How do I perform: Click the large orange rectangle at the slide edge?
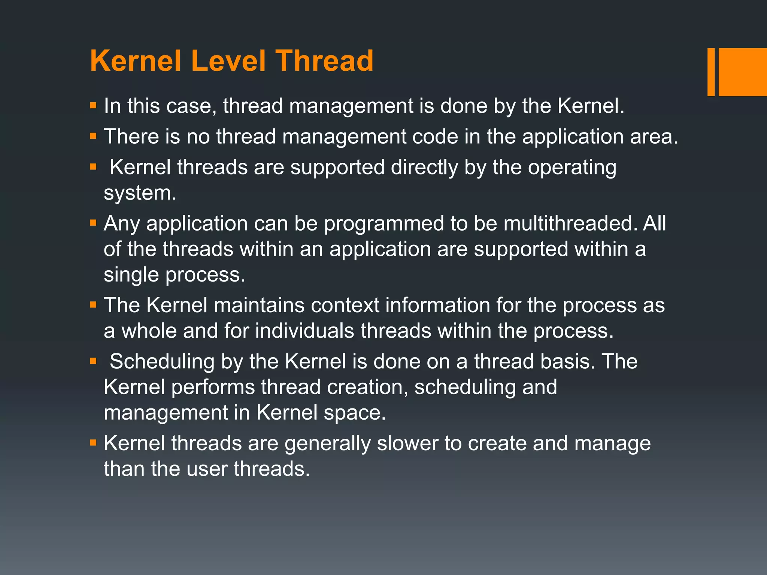click(742, 72)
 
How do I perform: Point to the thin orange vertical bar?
click(711, 72)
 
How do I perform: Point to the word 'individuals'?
click(304, 331)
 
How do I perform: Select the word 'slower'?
click(407, 444)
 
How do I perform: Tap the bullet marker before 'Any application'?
click(93, 223)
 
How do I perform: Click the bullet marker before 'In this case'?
click(93, 106)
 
